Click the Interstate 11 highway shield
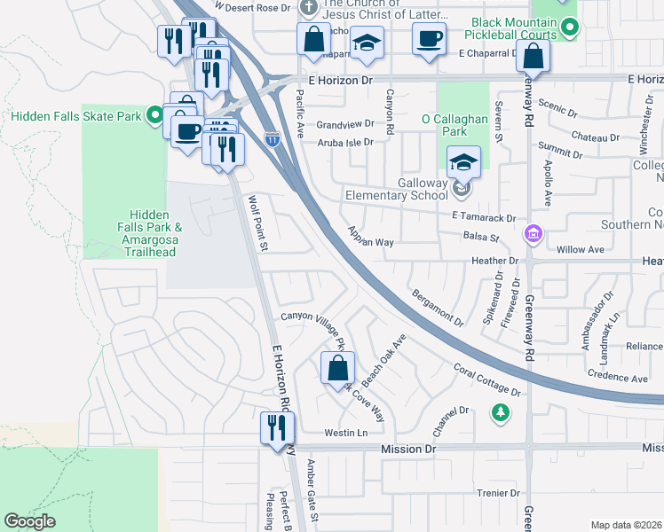tap(273, 138)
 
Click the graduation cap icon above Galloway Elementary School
tap(463, 161)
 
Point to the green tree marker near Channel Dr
tap(501, 413)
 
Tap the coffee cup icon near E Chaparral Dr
tap(429, 39)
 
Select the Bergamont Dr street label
tap(437, 306)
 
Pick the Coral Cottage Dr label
tap(486, 378)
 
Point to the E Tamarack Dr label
tap(483, 217)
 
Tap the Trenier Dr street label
tap(497, 493)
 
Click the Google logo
tap(30, 521)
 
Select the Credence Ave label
tap(617, 378)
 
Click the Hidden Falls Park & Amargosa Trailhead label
tap(155, 233)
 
